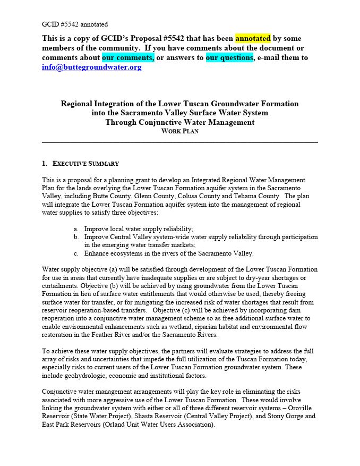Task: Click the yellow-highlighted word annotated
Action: pyautogui.click(x=253, y=38)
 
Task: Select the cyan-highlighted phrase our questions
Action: pyautogui.click(x=229, y=57)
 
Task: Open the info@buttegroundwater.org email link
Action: pyautogui.click(x=92, y=67)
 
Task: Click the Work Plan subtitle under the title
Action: pyautogui.click(x=179, y=132)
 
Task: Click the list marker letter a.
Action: pyautogui.click(x=76, y=228)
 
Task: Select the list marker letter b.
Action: pyautogui.click(x=76, y=237)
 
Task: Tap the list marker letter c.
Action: pyautogui.click(x=76, y=253)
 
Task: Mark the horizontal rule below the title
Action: pyautogui.click(x=179, y=142)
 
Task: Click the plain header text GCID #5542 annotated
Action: pyautogui.click(x=75, y=24)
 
